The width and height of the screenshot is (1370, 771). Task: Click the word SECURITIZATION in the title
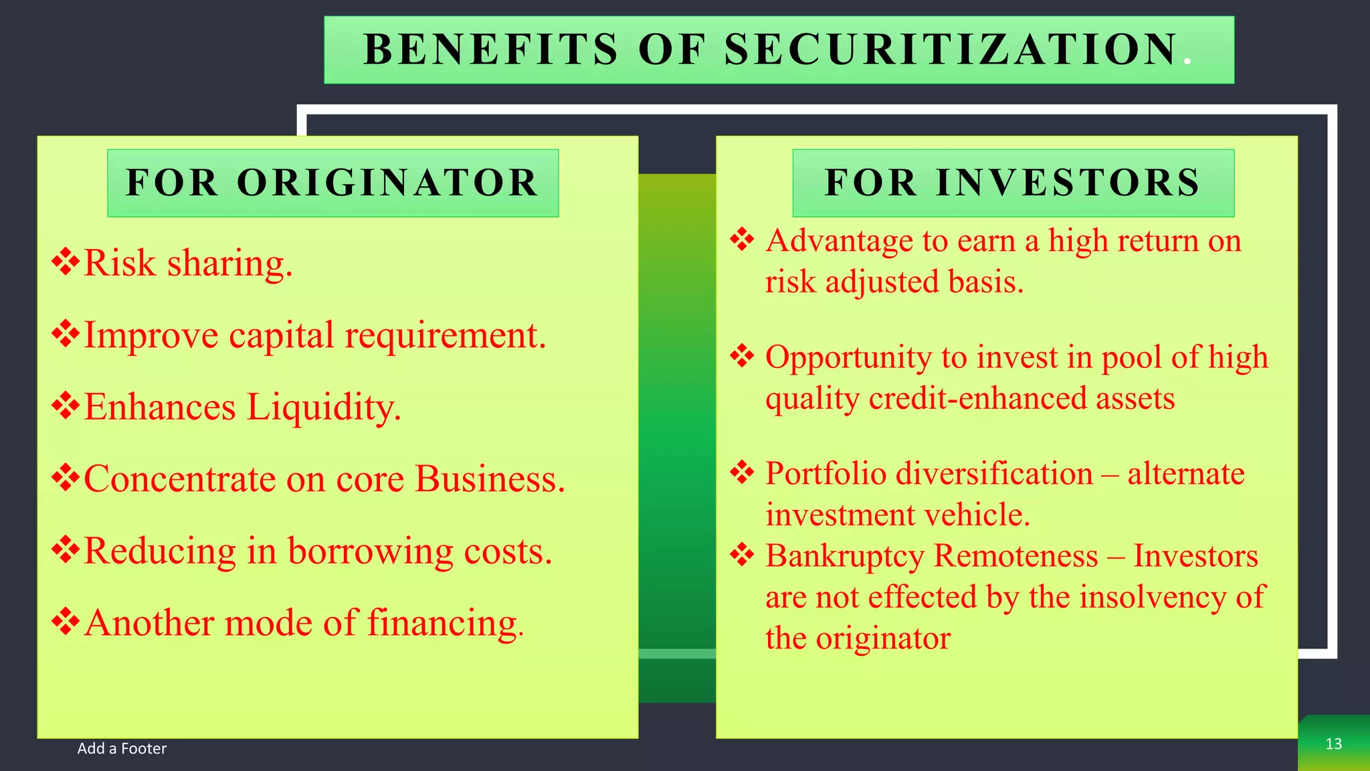[x=951, y=50]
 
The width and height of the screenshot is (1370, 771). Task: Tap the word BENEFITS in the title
[x=491, y=50]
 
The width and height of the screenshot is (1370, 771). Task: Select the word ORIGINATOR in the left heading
[x=387, y=183]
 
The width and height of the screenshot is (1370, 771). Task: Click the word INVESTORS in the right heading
[x=1068, y=183]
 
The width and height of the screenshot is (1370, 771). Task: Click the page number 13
[x=1333, y=744]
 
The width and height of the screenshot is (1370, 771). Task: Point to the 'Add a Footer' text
[x=122, y=748]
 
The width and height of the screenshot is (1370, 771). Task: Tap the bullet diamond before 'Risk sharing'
[x=65, y=262]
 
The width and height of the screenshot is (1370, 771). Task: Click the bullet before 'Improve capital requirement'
[x=65, y=334]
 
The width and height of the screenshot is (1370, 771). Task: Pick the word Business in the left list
[x=490, y=479]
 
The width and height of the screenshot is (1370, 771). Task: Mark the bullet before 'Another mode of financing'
[x=65, y=622]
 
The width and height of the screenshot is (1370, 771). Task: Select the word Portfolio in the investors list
[x=825, y=473]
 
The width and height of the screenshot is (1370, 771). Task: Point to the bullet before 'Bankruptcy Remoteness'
[x=742, y=555]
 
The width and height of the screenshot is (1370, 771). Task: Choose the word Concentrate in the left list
[x=179, y=479]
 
